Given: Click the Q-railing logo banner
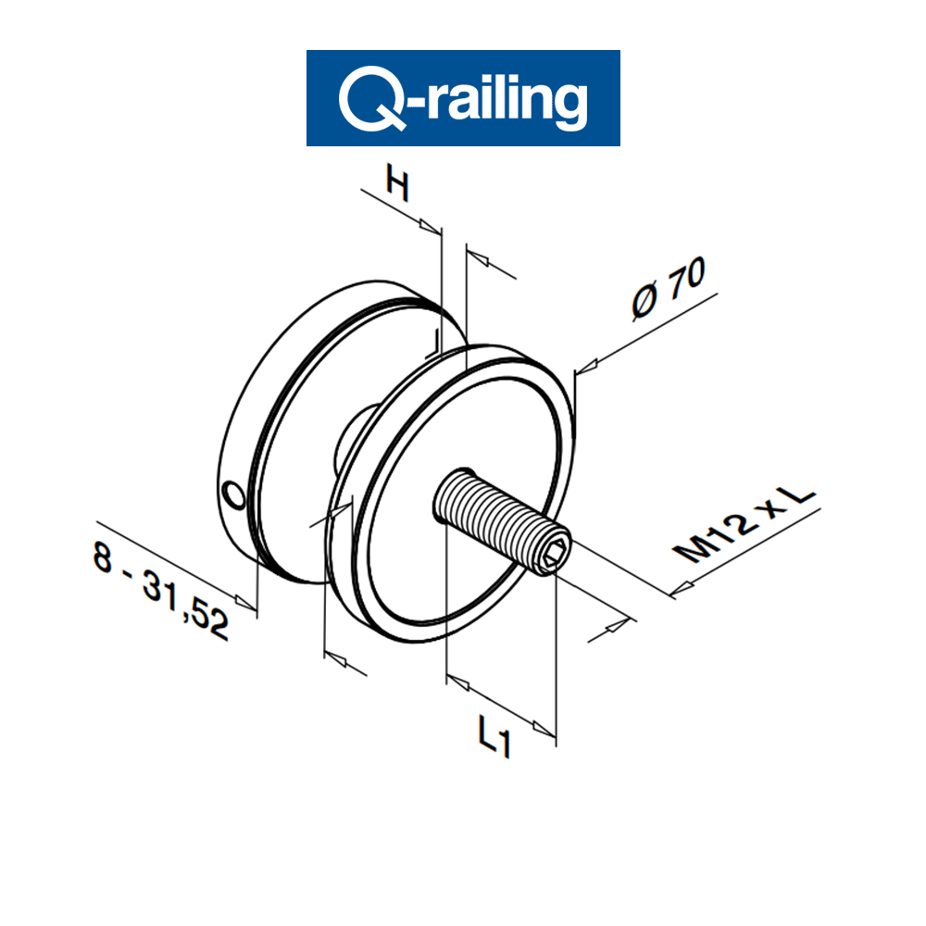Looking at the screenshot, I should pos(463,97).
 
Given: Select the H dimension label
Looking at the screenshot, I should pos(397,185).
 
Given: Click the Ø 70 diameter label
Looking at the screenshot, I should pos(668,287).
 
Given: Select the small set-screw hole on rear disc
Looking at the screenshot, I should pos(232,497).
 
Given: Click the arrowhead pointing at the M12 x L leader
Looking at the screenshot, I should pos(683,586).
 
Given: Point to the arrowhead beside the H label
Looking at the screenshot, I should pos(430,226).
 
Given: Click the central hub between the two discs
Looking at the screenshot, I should pos(352,435).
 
